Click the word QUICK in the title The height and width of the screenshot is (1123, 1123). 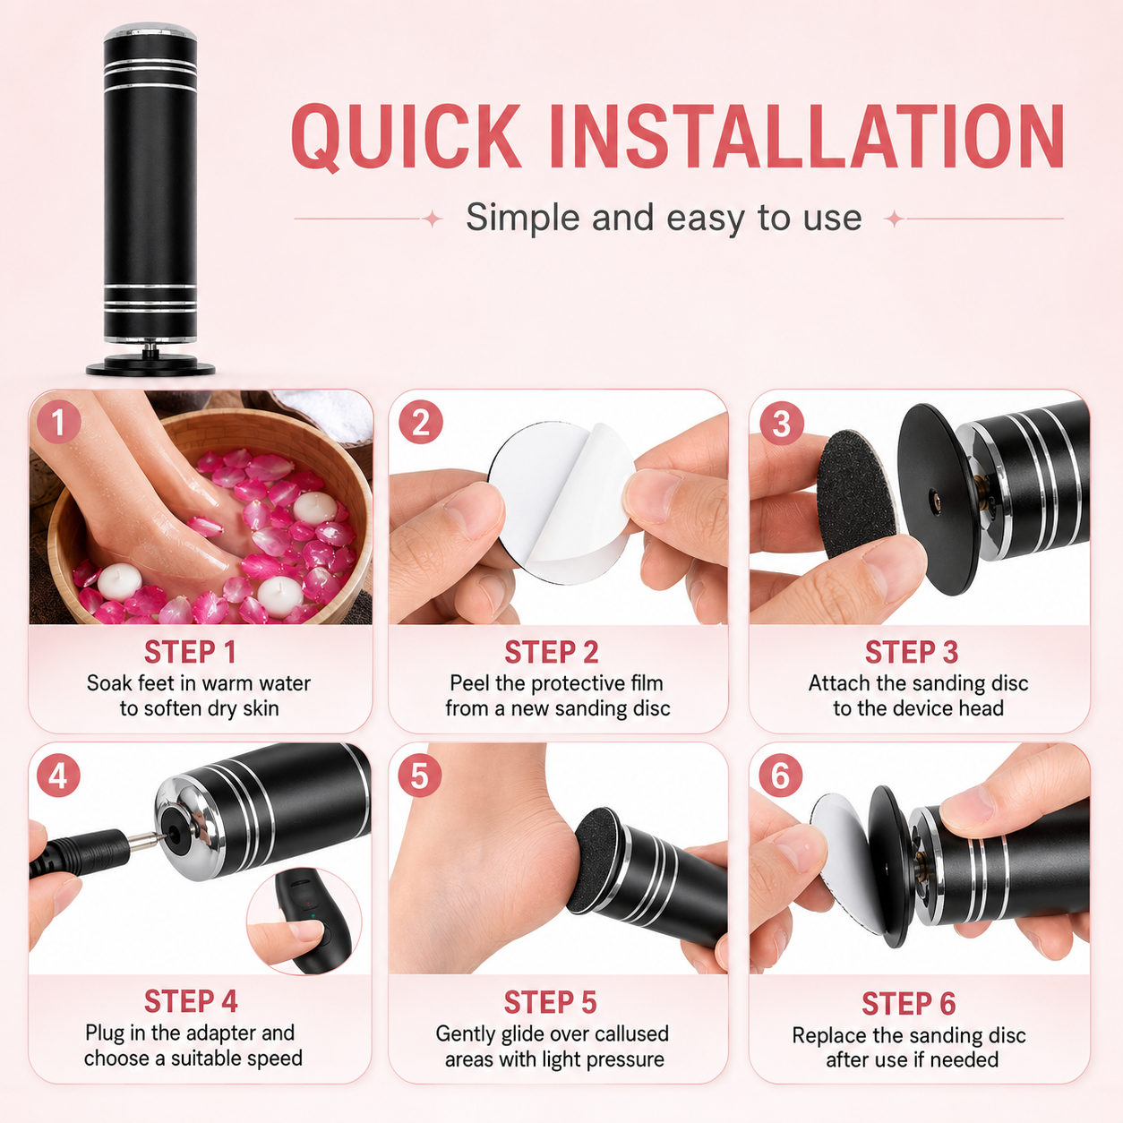(x=406, y=137)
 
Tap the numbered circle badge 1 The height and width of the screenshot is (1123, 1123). (x=58, y=423)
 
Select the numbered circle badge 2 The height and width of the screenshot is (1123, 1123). (x=420, y=423)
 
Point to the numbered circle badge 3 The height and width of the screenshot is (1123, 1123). (x=781, y=424)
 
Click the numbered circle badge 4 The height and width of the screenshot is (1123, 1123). (x=58, y=776)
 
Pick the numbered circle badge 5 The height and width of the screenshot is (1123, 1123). (x=420, y=776)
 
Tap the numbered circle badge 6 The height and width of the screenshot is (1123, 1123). (x=781, y=776)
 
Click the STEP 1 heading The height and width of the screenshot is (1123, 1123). (x=190, y=652)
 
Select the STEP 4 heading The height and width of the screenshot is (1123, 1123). (x=191, y=1001)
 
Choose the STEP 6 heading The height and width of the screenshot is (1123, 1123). (x=909, y=1003)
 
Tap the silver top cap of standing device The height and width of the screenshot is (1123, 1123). (x=150, y=31)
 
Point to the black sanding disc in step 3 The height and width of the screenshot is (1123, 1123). (x=853, y=493)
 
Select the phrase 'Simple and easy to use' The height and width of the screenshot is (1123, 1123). (x=664, y=218)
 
